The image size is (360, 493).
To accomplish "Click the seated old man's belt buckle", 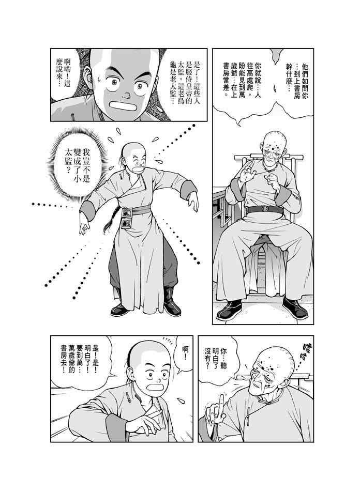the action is [265, 208].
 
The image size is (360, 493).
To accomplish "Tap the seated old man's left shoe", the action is [295, 307].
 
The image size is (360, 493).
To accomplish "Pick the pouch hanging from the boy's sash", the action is [127, 218].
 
